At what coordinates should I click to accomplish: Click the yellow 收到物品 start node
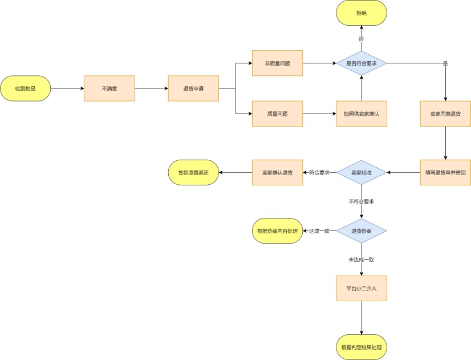pyautogui.click(x=25, y=88)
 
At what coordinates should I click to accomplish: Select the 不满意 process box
pyautogui.click(x=109, y=88)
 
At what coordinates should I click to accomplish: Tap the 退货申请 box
pyautogui.click(x=193, y=88)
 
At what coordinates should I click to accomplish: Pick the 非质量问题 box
pyautogui.click(x=277, y=63)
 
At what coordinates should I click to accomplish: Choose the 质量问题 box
pyautogui.click(x=277, y=114)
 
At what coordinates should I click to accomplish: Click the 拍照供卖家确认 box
pyautogui.click(x=362, y=114)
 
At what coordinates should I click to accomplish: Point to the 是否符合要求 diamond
pyautogui.click(x=362, y=63)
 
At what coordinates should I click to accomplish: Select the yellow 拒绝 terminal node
pyautogui.click(x=362, y=13)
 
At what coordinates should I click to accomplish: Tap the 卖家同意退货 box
pyautogui.click(x=445, y=114)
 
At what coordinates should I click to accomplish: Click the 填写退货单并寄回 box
pyautogui.click(x=445, y=172)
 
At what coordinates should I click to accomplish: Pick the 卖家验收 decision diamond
pyautogui.click(x=362, y=172)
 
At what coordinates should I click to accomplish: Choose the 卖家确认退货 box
pyautogui.click(x=277, y=172)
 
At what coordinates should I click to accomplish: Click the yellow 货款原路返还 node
pyautogui.click(x=193, y=172)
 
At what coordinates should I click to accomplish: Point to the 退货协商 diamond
pyautogui.click(x=362, y=231)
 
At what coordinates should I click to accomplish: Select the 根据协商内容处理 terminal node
pyautogui.click(x=277, y=231)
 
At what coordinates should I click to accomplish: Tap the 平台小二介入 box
pyautogui.click(x=362, y=288)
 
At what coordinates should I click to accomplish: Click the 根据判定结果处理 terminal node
pyautogui.click(x=362, y=347)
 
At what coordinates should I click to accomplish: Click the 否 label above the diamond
pyautogui.click(x=362, y=39)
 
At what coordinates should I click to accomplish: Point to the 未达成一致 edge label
pyautogui.click(x=362, y=260)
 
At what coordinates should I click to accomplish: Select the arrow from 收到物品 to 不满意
pyautogui.click(x=67, y=88)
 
